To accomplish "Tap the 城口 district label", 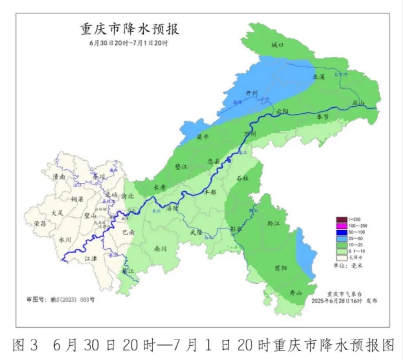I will [x=277, y=45].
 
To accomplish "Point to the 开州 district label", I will [x=251, y=93].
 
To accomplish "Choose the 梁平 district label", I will [x=202, y=137].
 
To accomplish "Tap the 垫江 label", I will [x=181, y=167].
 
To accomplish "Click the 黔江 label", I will [x=273, y=223].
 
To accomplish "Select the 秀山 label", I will [x=296, y=293].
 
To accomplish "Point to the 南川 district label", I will [x=160, y=249].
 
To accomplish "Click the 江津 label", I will [x=91, y=258].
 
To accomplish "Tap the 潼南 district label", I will [x=59, y=177].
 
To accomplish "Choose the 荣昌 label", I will [x=40, y=223].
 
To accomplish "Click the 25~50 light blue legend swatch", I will [x=341, y=239].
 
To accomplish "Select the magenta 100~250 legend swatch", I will [x=341, y=226].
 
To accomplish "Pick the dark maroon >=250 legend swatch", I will [x=341, y=219].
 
